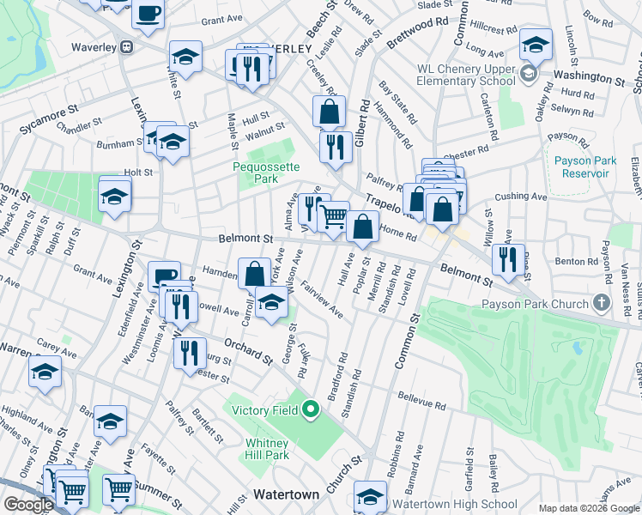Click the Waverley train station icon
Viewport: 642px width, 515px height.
[x=126, y=46]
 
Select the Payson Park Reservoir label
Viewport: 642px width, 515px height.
[x=581, y=167]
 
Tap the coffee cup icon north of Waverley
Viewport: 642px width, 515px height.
[x=148, y=15]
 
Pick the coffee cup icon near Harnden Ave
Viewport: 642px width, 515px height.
[x=165, y=276]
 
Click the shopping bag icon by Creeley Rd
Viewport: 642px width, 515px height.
[x=329, y=111]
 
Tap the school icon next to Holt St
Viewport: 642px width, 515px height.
[x=114, y=196]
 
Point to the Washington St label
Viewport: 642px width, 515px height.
[x=589, y=78]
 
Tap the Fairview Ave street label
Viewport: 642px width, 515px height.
[x=324, y=304]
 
